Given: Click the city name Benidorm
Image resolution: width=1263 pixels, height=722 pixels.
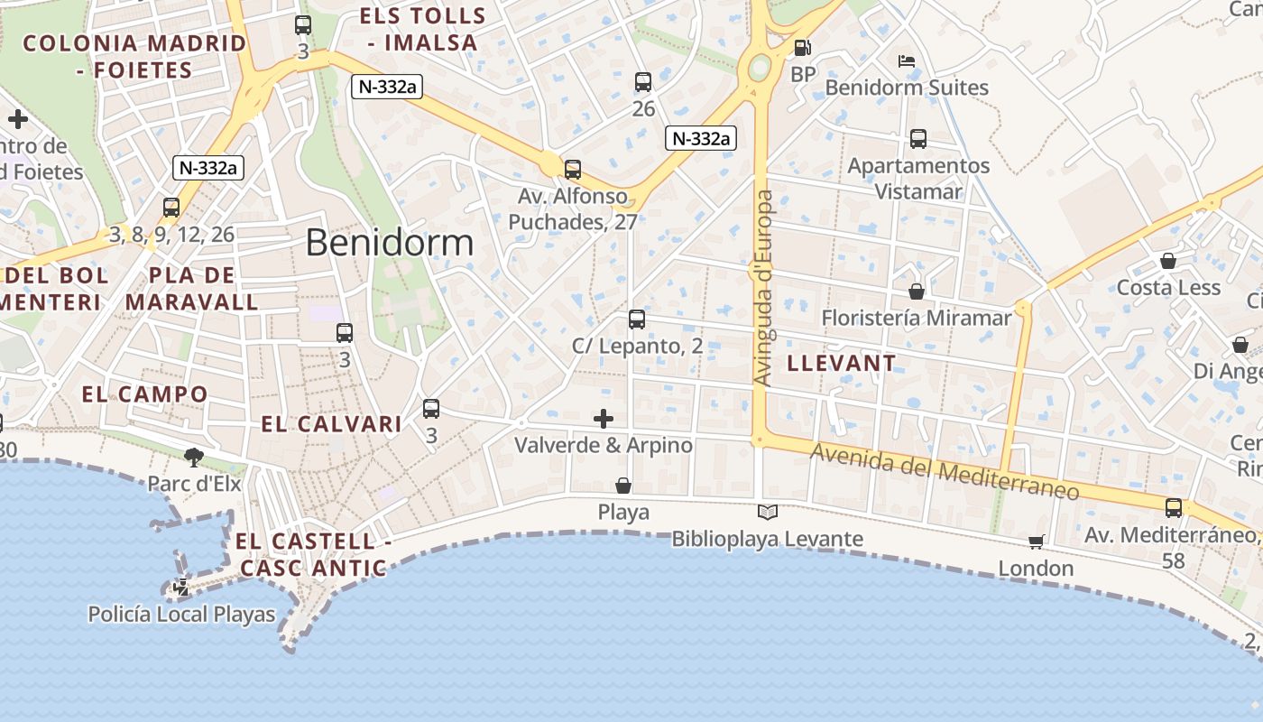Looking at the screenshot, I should [389, 242].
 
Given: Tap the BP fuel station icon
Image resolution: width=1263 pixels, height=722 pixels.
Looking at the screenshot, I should [802, 48].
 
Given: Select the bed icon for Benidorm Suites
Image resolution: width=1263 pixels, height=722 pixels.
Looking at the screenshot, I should [907, 61].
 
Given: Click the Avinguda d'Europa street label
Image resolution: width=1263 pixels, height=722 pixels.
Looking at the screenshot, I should [763, 289].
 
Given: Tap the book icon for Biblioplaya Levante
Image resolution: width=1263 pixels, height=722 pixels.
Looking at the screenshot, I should [767, 513].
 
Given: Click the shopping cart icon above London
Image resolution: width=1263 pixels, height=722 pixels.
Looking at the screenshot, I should [1036, 541].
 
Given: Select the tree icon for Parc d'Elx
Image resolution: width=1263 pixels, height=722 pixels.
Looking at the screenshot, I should [193, 457].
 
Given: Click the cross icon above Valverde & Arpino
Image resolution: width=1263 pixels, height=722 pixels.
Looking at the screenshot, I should [604, 419].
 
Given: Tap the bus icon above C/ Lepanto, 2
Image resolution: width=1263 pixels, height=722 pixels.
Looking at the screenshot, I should [637, 319].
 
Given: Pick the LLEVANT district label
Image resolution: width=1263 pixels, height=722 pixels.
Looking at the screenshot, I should [842, 363].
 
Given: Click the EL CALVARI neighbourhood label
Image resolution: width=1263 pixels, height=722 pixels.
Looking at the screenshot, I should [331, 423].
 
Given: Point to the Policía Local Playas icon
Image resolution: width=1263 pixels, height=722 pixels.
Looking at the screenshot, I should [181, 588].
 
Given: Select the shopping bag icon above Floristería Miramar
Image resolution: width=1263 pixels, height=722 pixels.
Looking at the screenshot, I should [917, 292].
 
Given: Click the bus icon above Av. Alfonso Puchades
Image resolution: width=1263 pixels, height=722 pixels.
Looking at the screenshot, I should [572, 169].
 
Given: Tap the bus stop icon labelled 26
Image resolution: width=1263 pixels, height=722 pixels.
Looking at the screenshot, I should [643, 82].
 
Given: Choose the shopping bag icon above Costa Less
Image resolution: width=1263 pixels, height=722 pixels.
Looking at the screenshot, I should [1168, 261].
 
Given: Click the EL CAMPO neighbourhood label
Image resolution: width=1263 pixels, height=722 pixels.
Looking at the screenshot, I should [144, 393].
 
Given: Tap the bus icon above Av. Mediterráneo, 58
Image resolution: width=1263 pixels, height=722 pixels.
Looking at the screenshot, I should [1173, 508].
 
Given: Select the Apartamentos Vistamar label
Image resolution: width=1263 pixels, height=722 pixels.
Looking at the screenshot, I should [918, 179].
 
